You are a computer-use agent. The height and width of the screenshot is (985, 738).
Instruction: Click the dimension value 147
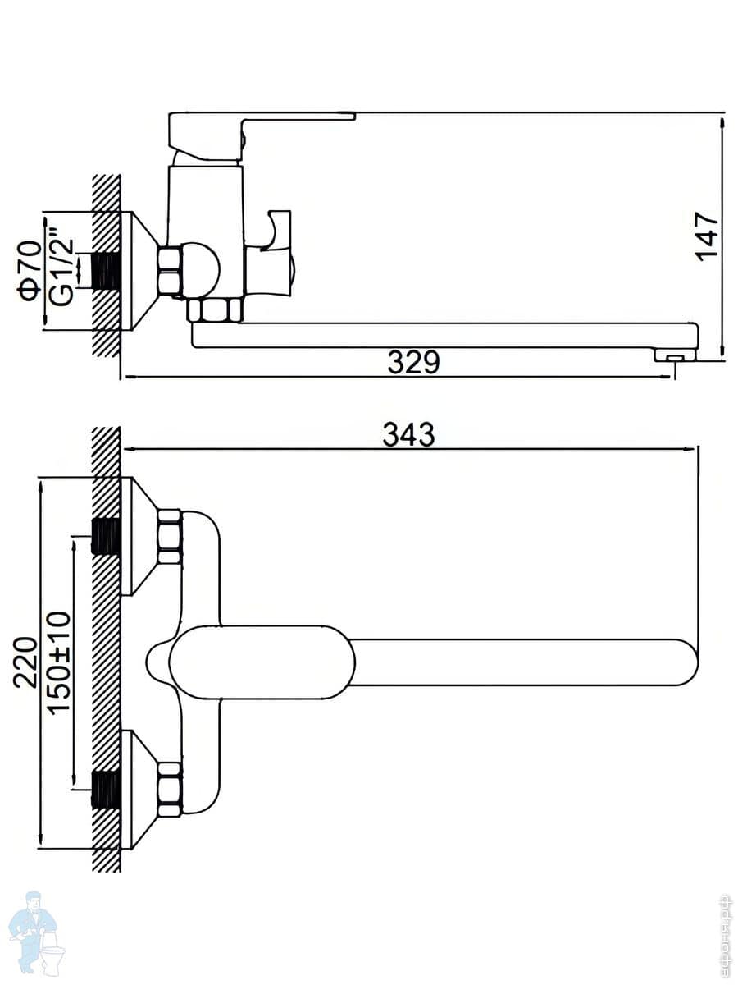pos(707,236)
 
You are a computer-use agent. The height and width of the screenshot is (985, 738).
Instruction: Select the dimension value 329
pos(413,363)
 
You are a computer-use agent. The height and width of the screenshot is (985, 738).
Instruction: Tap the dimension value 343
pos(408,434)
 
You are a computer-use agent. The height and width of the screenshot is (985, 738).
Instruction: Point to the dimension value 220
pos(26,662)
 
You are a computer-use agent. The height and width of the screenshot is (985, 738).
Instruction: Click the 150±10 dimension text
pos(59,662)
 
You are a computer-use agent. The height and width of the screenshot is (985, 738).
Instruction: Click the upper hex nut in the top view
pos(169,537)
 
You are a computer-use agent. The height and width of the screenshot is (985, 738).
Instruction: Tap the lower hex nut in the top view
pos(169,789)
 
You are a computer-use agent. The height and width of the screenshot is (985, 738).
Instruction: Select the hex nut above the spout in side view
pos(214,310)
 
